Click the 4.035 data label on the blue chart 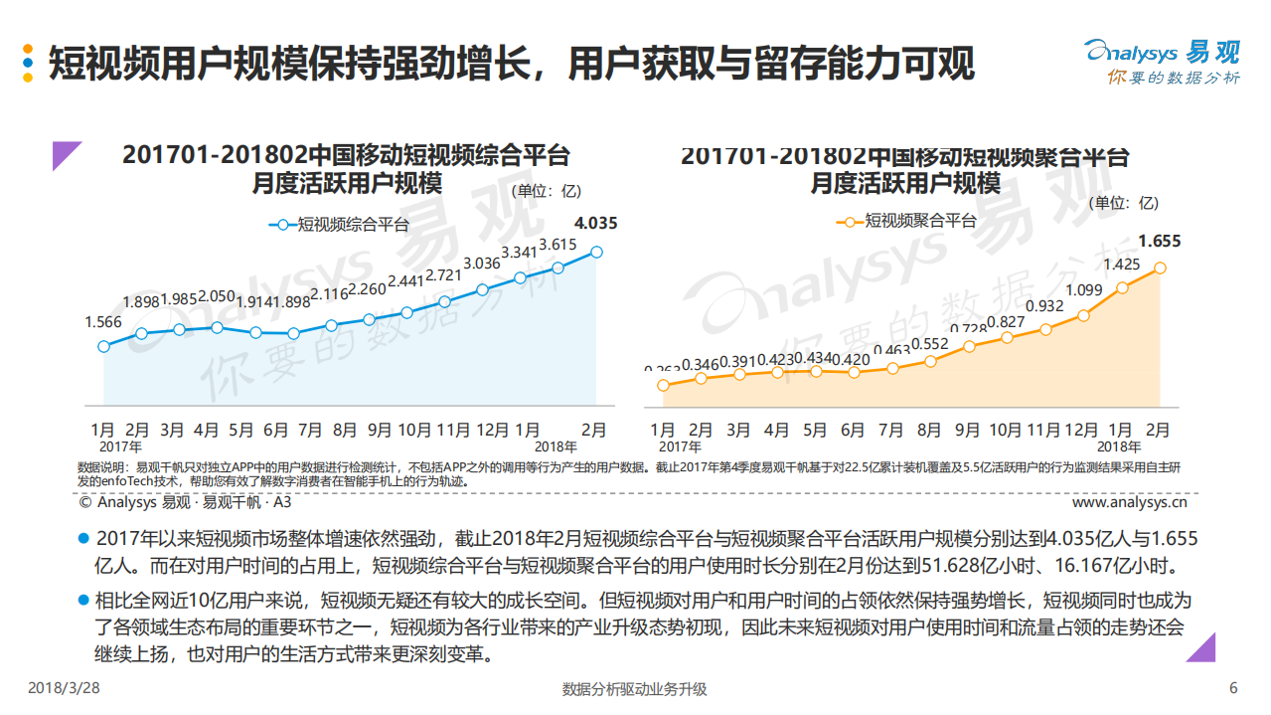click(595, 224)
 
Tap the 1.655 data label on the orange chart click(1159, 241)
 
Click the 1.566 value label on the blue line click(103, 322)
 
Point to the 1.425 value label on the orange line click(1121, 265)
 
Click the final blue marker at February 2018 click(596, 253)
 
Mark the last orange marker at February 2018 click(1160, 268)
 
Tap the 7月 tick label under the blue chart click(310, 431)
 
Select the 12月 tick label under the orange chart click(1082, 431)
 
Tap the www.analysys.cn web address click(1136, 503)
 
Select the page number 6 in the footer click(1233, 688)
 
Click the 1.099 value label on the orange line click(1083, 290)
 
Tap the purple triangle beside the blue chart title click(67, 156)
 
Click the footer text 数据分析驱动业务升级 click(634, 689)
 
